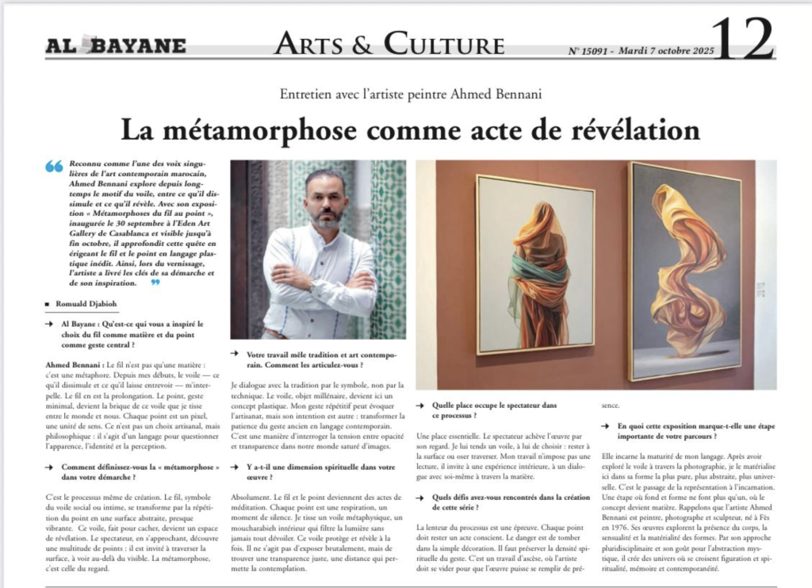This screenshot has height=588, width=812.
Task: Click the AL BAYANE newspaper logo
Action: coord(116,45)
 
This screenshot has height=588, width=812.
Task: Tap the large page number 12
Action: coord(742,39)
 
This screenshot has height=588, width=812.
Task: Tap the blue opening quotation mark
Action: coord(54,166)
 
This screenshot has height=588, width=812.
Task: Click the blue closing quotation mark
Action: coord(156,282)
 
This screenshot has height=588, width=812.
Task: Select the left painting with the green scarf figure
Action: coord(535,264)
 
